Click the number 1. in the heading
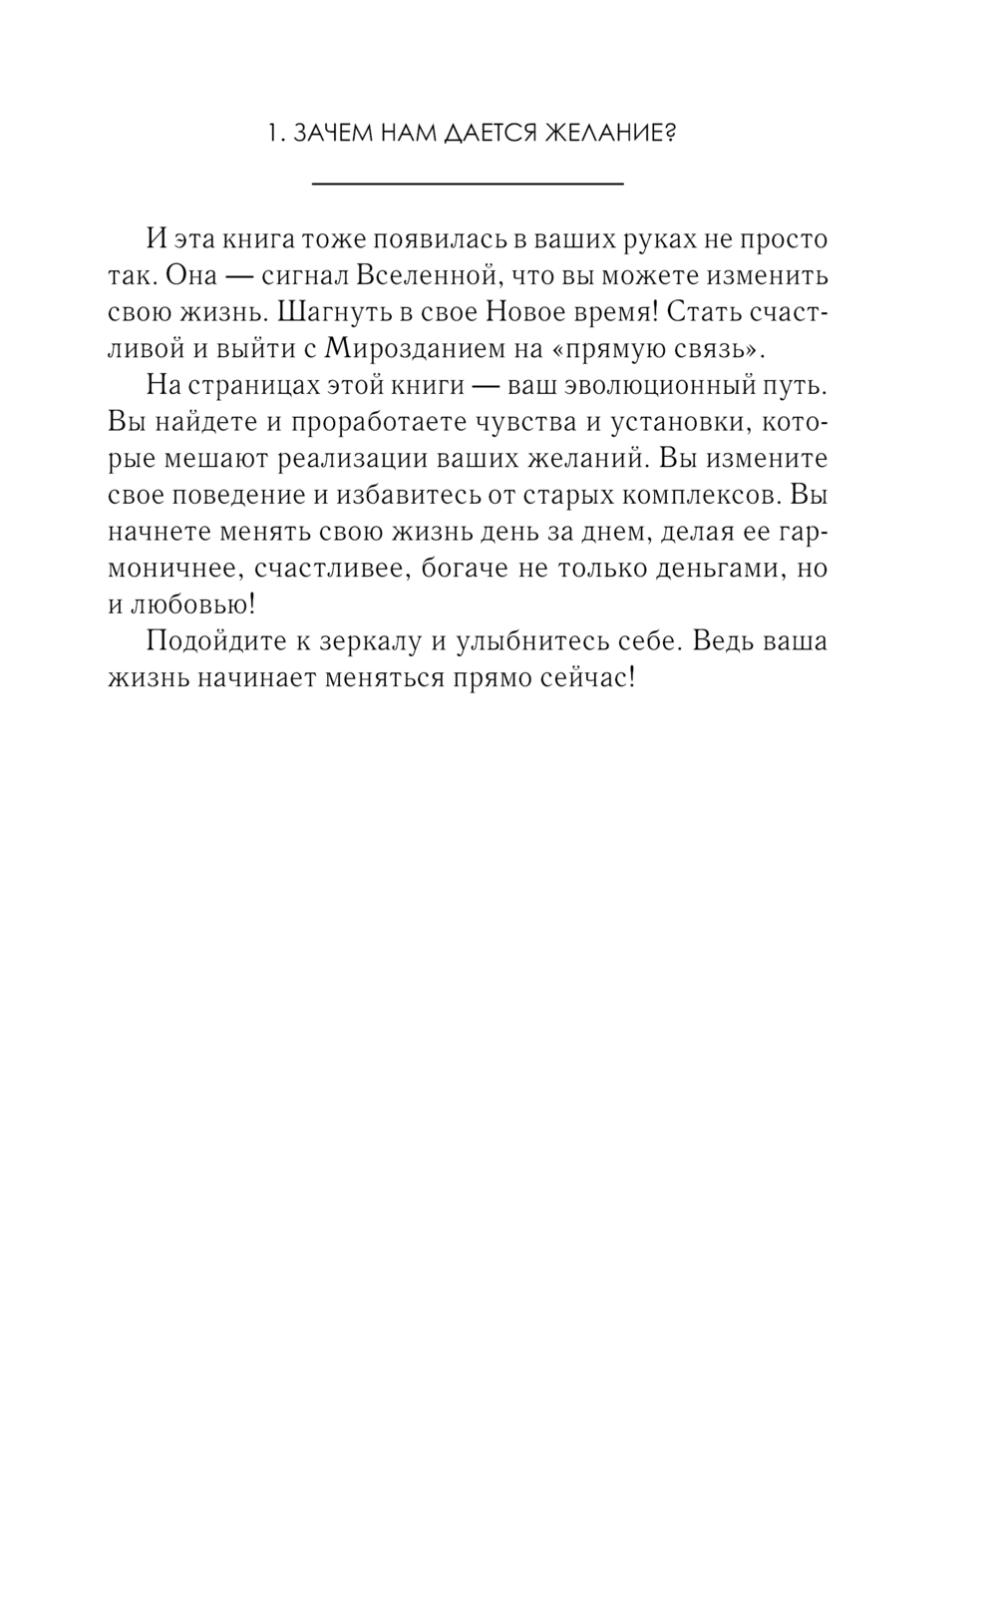278,135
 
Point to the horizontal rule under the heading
468,184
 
